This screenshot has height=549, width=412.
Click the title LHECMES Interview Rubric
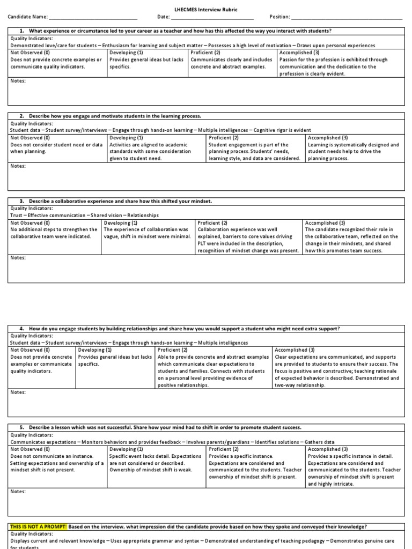pyautogui.click(x=205, y=10)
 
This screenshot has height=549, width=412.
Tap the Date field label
pyautogui.click(x=163, y=17)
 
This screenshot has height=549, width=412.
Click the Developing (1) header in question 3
pyautogui.click(x=121, y=222)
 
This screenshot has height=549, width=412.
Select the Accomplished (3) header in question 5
pyautogui.click(x=328, y=449)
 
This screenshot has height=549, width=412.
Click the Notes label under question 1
pyautogui.click(x=18, y=81)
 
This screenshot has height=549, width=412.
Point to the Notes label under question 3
pyautogui.click(x=18, y=258)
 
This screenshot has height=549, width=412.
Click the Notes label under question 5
pyautogui.click(x=18, y=491)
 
